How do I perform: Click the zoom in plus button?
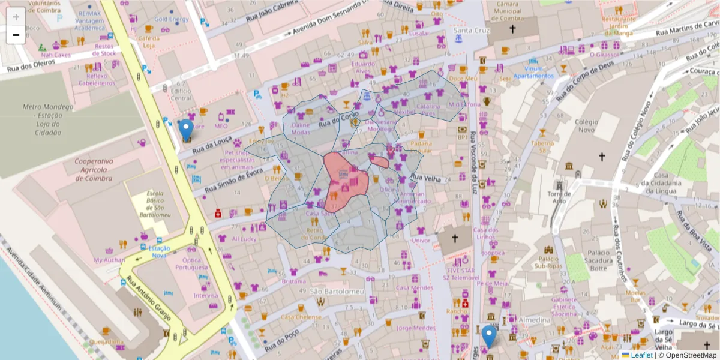pos(16,16)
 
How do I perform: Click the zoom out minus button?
pos(16,35)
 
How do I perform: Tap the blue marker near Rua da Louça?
pos(187,130)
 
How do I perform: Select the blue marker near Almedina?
pos(490,335)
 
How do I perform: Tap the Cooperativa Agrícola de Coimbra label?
pos(94,170)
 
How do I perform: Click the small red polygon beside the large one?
pos(380,162)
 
